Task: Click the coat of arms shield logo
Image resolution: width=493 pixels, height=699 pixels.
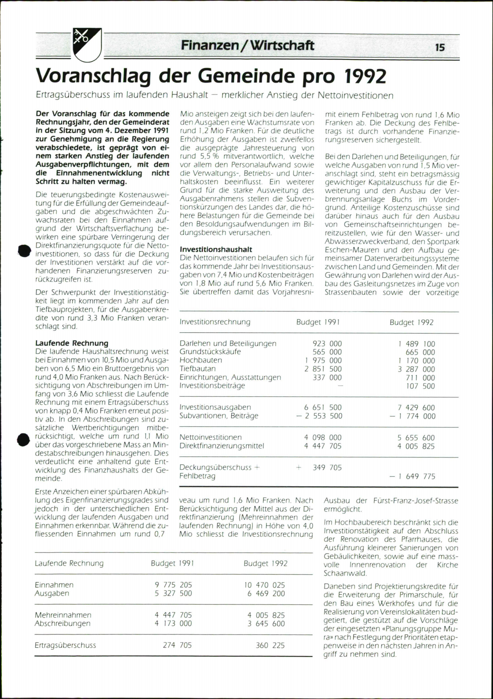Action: [x=87, y=44]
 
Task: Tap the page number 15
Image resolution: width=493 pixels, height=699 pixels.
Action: [x=440, y=48]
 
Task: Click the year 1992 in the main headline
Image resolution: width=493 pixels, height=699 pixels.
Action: [x=365, y=76]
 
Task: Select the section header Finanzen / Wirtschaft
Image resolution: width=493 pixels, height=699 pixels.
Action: [x=247, y=45]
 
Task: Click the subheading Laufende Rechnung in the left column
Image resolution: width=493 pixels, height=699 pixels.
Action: [x=72, y=343]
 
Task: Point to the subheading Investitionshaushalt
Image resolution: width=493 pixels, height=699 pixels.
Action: [x=216, y=249]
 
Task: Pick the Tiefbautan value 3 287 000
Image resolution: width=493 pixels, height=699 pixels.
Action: [x=416, y=369]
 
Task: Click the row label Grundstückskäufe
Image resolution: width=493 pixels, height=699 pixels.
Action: [x=210, y=352]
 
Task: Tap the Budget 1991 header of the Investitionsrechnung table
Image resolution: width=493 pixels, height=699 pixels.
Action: [x=318, y=322]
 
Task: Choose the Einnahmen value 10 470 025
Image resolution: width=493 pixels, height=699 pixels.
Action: [x=264, y=585]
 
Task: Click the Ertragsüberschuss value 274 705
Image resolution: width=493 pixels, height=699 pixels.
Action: [x=177, y=645]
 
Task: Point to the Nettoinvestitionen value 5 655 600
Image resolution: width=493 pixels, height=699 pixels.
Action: [x=416, y=438]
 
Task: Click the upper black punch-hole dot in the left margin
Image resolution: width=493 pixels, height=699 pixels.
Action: [x=25, y=250]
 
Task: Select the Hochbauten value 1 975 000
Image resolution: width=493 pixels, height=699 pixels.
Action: [x=323, y=360]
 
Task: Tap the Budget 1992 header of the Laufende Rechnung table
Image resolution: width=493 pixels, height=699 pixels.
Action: [x=265, y=563]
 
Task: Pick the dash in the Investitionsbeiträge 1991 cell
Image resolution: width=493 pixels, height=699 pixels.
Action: [x=340, y=386]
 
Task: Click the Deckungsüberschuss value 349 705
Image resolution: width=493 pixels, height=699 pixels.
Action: [x=327, y=467]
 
